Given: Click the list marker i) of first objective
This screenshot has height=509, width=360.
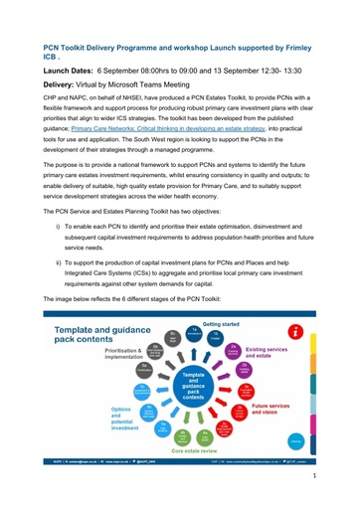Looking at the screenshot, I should click(56, 229).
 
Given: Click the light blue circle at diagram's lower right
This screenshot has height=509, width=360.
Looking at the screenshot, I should click(294, 438).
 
